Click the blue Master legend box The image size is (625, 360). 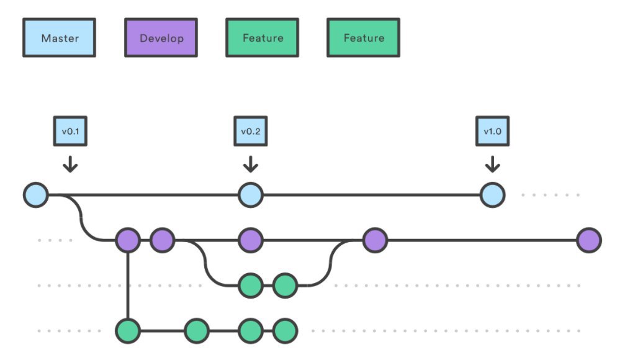59,37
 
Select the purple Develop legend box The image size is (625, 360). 161,37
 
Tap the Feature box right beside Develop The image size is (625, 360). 263,37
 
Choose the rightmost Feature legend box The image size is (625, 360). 364,37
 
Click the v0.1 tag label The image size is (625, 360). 70,131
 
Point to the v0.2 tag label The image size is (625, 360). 251,131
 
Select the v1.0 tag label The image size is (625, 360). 493,131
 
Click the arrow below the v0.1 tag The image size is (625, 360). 70,164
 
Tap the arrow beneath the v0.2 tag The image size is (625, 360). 251,164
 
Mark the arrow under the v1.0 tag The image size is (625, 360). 493,164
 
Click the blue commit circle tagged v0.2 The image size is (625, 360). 251,195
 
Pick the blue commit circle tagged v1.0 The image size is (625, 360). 493,195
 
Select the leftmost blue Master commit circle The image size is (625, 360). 36,195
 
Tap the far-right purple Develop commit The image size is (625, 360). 589,240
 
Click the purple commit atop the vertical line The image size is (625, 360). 128,240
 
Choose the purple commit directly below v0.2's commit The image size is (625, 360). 251,240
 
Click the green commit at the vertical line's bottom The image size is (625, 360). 128,331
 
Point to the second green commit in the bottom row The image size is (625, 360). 197,331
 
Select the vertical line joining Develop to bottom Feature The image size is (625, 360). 128,286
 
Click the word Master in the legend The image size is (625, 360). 60,38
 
